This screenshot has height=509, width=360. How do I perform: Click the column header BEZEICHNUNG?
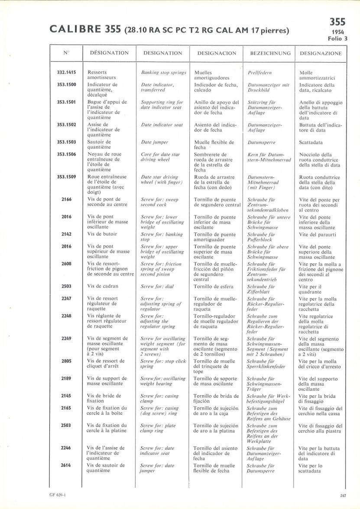pos(270,53)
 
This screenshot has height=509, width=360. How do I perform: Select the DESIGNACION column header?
pos(217,53)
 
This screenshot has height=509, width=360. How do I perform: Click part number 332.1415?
pos(66,72)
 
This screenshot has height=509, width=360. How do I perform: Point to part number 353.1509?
pos(66,177)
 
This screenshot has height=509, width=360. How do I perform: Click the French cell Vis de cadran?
pos(103,286)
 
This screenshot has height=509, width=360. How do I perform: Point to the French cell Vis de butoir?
pos(103,234)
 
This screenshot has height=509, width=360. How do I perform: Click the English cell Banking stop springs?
pos(164,72)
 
